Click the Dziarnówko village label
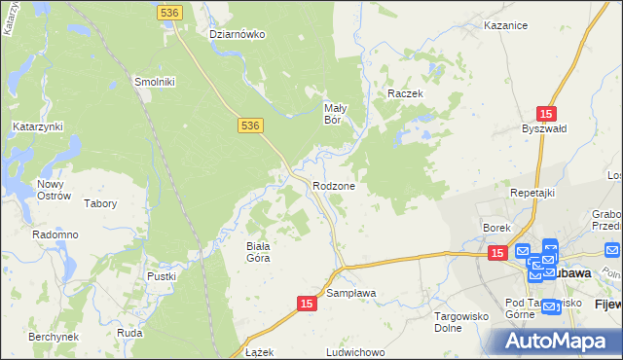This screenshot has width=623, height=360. [x=238, y=34]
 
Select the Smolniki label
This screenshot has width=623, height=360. [x=154, y=82]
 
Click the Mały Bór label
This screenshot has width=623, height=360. [x=336, y=115]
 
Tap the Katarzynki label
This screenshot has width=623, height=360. [x=38, y=126]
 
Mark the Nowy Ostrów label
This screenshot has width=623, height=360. [x=55, y=190]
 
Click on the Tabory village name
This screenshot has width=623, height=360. [x=100, y=203]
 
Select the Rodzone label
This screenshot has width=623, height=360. [x=333, y=185]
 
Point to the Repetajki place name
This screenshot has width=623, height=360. [x=532, y=193]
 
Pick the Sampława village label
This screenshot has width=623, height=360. [x=350, y=292]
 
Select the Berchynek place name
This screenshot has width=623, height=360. [x=53, y=336]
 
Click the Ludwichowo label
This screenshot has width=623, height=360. [x=356, y=351]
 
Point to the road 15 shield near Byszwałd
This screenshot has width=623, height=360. [x=547, y=113]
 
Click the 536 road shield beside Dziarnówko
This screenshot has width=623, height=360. [x=168, y=11]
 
